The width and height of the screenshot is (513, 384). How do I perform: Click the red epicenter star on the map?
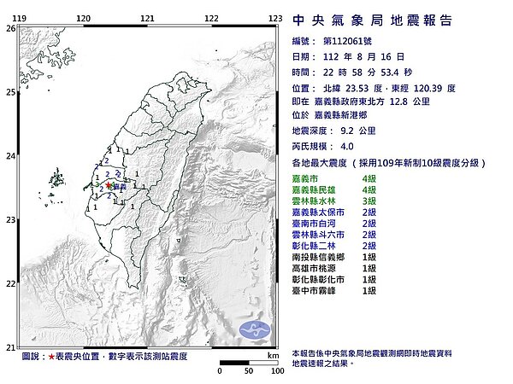pyautogui.click(x=108, y=185)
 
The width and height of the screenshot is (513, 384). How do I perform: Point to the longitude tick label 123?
pyautogui.click(x=275, y=17)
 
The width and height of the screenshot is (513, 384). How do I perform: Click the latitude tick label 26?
pyautogui.click(x=9, y=28)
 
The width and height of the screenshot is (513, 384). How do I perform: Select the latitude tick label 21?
pyautogui.click(x=9, y=347)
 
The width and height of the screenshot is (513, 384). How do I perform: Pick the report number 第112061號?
pyautogui.click(x=351, y=41)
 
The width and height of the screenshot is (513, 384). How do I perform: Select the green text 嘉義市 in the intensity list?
pyautogui.click(x=305, y=176)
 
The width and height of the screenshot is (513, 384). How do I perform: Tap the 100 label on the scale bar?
pyautogui.click(x=276, y=372)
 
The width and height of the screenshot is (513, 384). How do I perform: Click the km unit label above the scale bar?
pyautogui.click(x=273, y=354)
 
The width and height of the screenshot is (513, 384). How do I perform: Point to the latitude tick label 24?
pyautogui.click(x=9, y=156)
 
